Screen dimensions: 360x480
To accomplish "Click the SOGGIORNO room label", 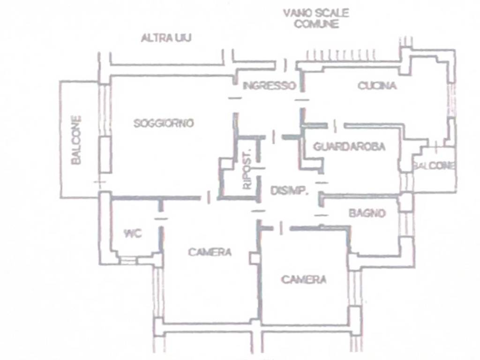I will tap(164, 123).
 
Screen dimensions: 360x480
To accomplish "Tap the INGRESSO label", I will tap(270, 86).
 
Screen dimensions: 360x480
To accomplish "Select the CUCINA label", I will tap(377, 85).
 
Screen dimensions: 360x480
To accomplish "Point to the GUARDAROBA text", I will tap(349, 147).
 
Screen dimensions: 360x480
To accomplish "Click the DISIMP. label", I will tap(289, 191).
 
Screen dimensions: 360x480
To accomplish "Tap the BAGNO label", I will tap(367, 213).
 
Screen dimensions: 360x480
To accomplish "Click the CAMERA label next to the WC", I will tap(210, 252).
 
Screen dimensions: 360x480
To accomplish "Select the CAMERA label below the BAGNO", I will tap(304, 279).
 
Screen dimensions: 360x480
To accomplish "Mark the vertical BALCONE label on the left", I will tap(76, 140).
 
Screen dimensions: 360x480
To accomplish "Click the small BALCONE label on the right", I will tap(434, 165).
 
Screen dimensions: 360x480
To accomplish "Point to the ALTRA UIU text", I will tap(166, 38).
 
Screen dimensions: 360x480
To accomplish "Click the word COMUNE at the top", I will tap(316, 24).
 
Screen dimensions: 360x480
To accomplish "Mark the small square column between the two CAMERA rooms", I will tap(255, 258).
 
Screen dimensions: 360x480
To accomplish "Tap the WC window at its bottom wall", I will tap(128, 261).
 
